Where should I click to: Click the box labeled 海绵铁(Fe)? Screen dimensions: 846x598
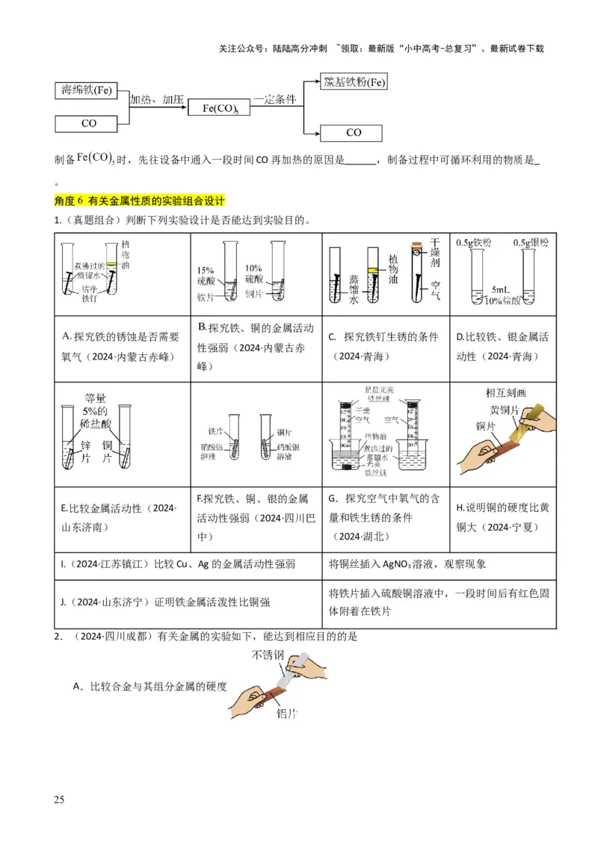point(87,91)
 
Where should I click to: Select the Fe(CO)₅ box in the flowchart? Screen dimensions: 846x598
point(221,108)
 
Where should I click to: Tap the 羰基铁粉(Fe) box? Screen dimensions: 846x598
point(354,81)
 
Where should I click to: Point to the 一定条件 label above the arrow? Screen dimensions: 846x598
point(275,99)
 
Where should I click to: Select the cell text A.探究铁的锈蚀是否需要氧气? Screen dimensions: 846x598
point(122,347)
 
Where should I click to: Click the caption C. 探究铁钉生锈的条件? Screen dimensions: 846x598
point(386,346)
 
